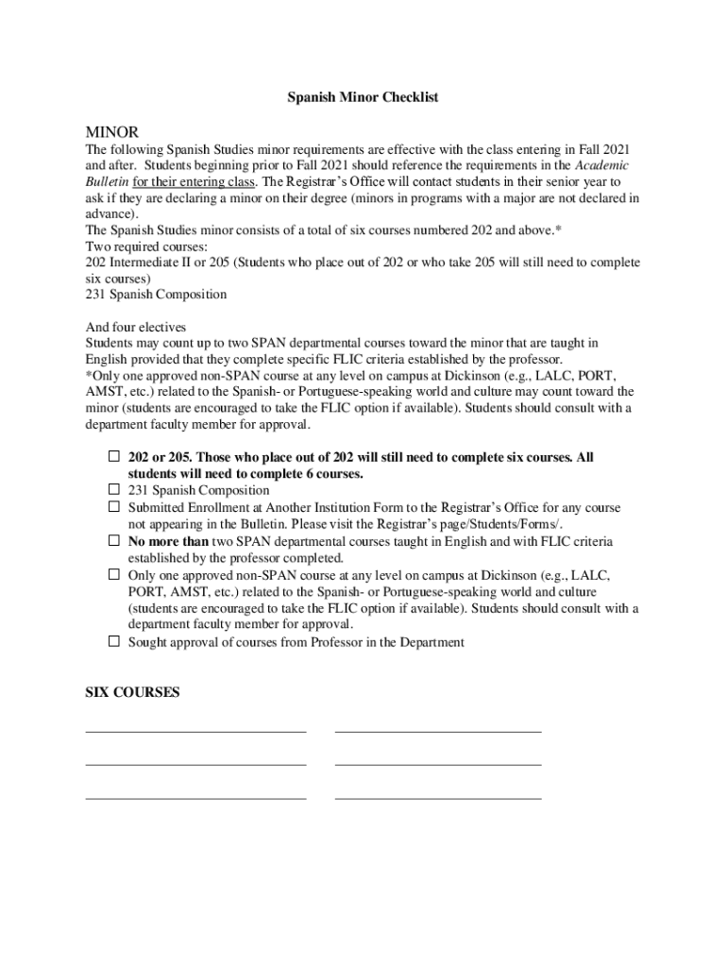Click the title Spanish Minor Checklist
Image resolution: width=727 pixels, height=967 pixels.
tap(363, 97)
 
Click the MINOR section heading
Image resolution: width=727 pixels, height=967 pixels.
tap(111, 130)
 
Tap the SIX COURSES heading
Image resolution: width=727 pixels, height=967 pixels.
tap(132, 692)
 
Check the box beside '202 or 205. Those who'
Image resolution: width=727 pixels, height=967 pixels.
tap(113, 456)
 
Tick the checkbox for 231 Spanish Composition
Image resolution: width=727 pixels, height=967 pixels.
tap(113, 490)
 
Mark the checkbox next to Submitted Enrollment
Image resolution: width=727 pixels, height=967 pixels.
tap(113, 507)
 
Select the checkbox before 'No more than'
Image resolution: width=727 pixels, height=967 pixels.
tap(113, 541)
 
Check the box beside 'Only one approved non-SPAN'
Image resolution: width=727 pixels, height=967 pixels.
tap(113, 574)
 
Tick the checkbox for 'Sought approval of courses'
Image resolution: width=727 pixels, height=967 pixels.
tap(113, 642)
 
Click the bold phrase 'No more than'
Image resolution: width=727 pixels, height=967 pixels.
tap(168, 541)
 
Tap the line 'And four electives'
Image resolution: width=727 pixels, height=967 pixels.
tap(135, 327)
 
